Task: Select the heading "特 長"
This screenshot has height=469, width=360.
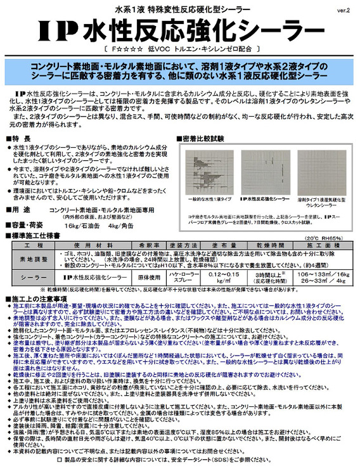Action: (25, 138)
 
